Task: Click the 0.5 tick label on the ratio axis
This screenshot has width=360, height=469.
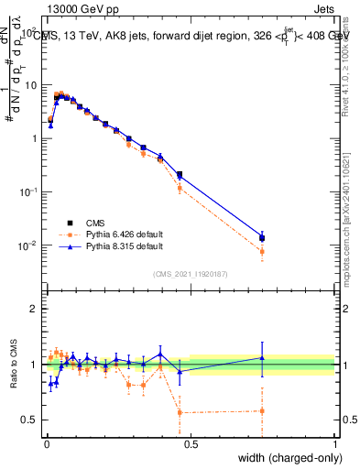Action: click(28, 420)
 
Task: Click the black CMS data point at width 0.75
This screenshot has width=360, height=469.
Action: click(263, 239)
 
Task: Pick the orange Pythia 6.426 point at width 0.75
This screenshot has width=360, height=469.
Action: click(263, 251)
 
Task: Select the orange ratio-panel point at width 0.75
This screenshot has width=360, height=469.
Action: click(263, 410)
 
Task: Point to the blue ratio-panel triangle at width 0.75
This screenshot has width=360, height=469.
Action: click(263, 358)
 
